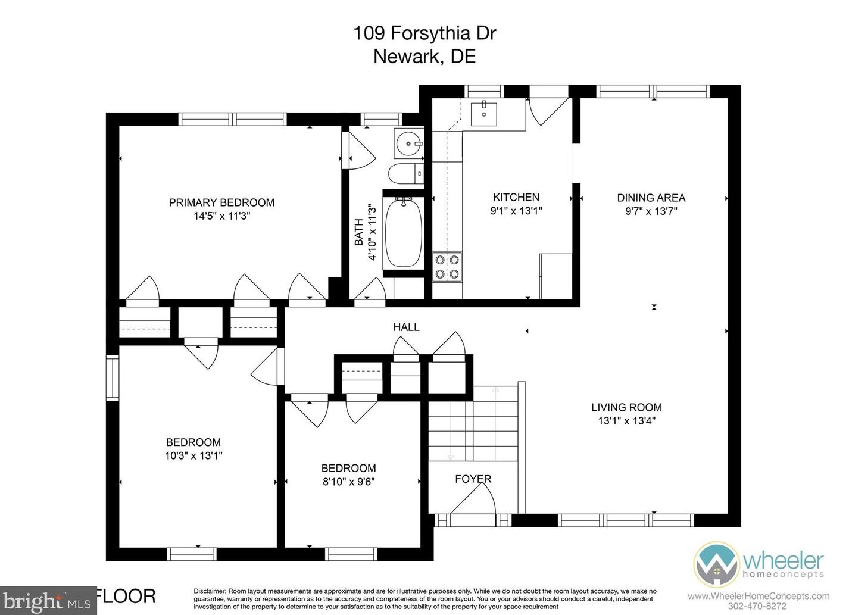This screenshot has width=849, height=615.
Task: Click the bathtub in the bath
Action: (x=403, y=233)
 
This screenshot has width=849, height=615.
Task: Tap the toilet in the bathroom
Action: (x=406, y=174)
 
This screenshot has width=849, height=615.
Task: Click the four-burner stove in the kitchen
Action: (x=447, y=267)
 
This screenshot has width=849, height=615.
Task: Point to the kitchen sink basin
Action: (x=483, y=113)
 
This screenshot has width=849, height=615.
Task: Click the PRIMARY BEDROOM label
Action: (x=221, y=203)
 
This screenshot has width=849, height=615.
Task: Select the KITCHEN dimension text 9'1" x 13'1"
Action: (x=516, y=211)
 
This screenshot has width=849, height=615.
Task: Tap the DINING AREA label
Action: (x=651, y=198)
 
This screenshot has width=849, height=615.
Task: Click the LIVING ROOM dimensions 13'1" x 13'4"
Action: (x=627, y=420)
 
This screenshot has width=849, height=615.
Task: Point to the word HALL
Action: (x=406, y=327)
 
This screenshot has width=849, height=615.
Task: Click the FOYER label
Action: (x=473, y=479)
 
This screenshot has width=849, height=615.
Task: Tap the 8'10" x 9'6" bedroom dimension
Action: (x=348, y=482)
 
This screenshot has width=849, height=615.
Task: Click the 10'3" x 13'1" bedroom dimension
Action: (x=193, y=455)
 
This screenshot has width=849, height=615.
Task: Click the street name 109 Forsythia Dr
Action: (x=424, y=33)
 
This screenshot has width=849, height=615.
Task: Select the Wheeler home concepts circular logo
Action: (x=716, y=564)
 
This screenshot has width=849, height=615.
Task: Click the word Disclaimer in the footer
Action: (x=210, y=591)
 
